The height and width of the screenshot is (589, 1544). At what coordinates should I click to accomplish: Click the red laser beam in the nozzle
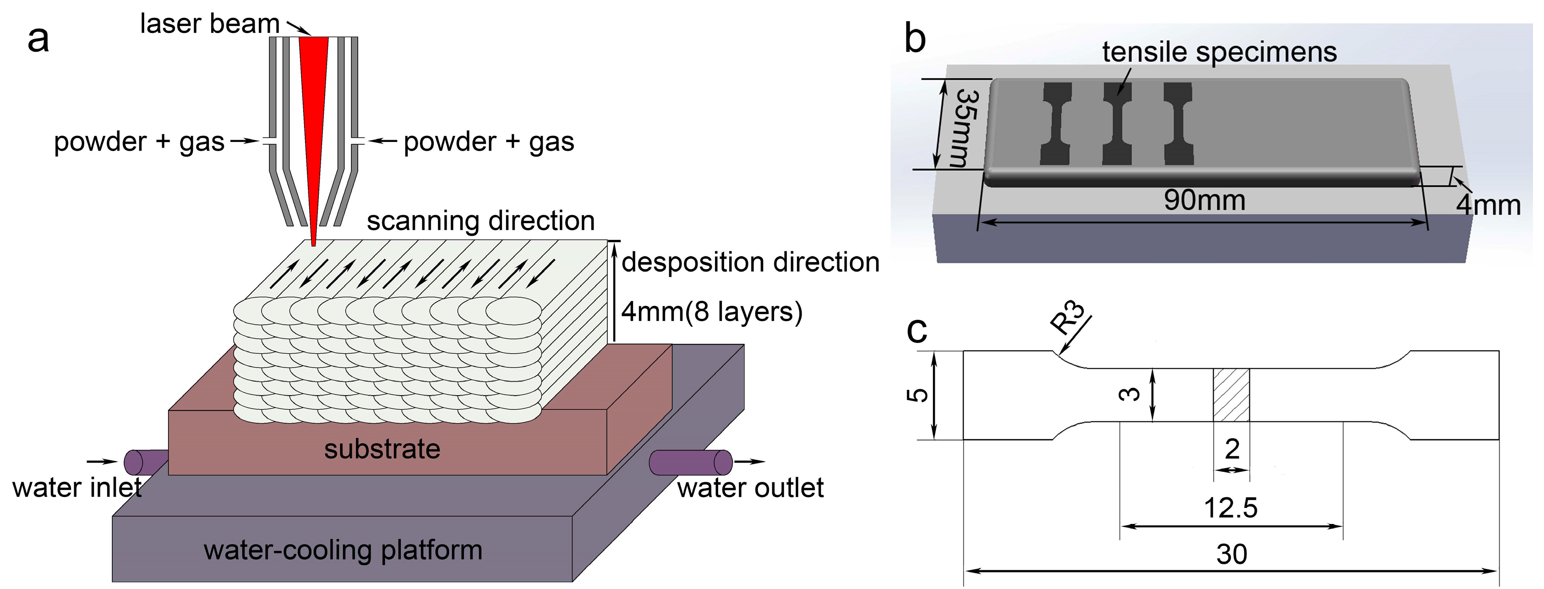tap(313, 120)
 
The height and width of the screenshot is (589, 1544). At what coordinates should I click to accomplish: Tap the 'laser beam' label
tap(210, 24)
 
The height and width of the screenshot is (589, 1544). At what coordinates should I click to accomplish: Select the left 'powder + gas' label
tap(139, 142)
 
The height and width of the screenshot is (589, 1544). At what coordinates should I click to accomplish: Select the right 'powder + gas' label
tap(489, 142)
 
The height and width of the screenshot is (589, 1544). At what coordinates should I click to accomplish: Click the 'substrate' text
tap(382, 449)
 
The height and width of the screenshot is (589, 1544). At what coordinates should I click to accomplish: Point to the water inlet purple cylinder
tap(146, 462)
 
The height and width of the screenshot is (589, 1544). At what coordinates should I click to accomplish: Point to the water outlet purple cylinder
tap(691, 462)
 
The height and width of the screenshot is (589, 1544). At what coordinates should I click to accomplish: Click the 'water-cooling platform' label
tap(343, 550)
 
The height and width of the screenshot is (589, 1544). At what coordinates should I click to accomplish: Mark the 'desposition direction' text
tap(750, 262)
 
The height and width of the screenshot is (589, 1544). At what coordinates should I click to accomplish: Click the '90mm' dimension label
tap(1205, 200)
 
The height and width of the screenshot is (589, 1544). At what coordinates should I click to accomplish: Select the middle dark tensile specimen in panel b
tap(1117, 123)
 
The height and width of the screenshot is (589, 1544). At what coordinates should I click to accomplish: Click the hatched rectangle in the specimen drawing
tap(1231, 395)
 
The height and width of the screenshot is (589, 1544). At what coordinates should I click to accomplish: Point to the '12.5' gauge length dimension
tap(1231, 508)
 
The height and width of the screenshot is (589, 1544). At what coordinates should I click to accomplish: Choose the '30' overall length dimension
tap(1232, 554)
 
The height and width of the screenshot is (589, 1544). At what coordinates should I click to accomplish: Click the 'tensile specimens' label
tap(1220, 52)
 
